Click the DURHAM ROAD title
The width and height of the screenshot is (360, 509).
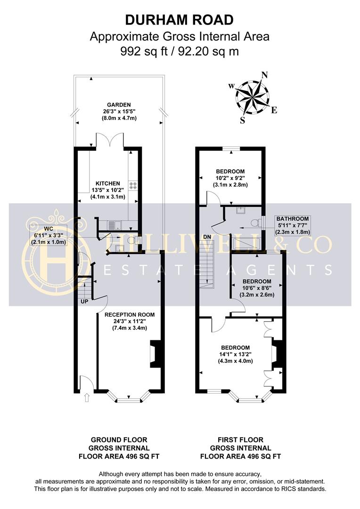tap(179, 20)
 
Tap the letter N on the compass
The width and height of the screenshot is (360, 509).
tap(264, 75)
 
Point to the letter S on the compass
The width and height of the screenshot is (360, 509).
tap(243, 120)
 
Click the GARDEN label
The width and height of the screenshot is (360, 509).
tap(118, 105)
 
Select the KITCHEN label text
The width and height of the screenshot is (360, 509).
tap(108, 183)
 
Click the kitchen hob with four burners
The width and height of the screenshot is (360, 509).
tap(133, 186)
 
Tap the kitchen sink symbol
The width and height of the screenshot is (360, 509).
tap(115, 226)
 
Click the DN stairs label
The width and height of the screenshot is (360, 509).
tap(207, 236)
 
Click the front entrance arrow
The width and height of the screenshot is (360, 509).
tap(86, 398)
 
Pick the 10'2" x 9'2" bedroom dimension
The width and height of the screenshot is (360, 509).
tap(231, 178)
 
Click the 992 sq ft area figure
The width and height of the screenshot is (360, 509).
tap(141, 51)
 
